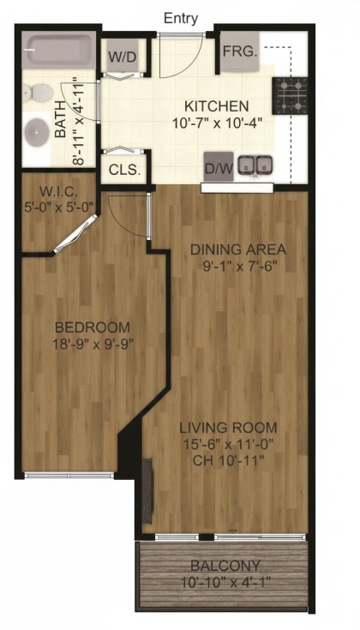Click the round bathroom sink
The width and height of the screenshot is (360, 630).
[36, 132]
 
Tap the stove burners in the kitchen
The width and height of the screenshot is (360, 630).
[289, 95]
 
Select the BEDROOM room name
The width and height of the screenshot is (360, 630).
[93, 327]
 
